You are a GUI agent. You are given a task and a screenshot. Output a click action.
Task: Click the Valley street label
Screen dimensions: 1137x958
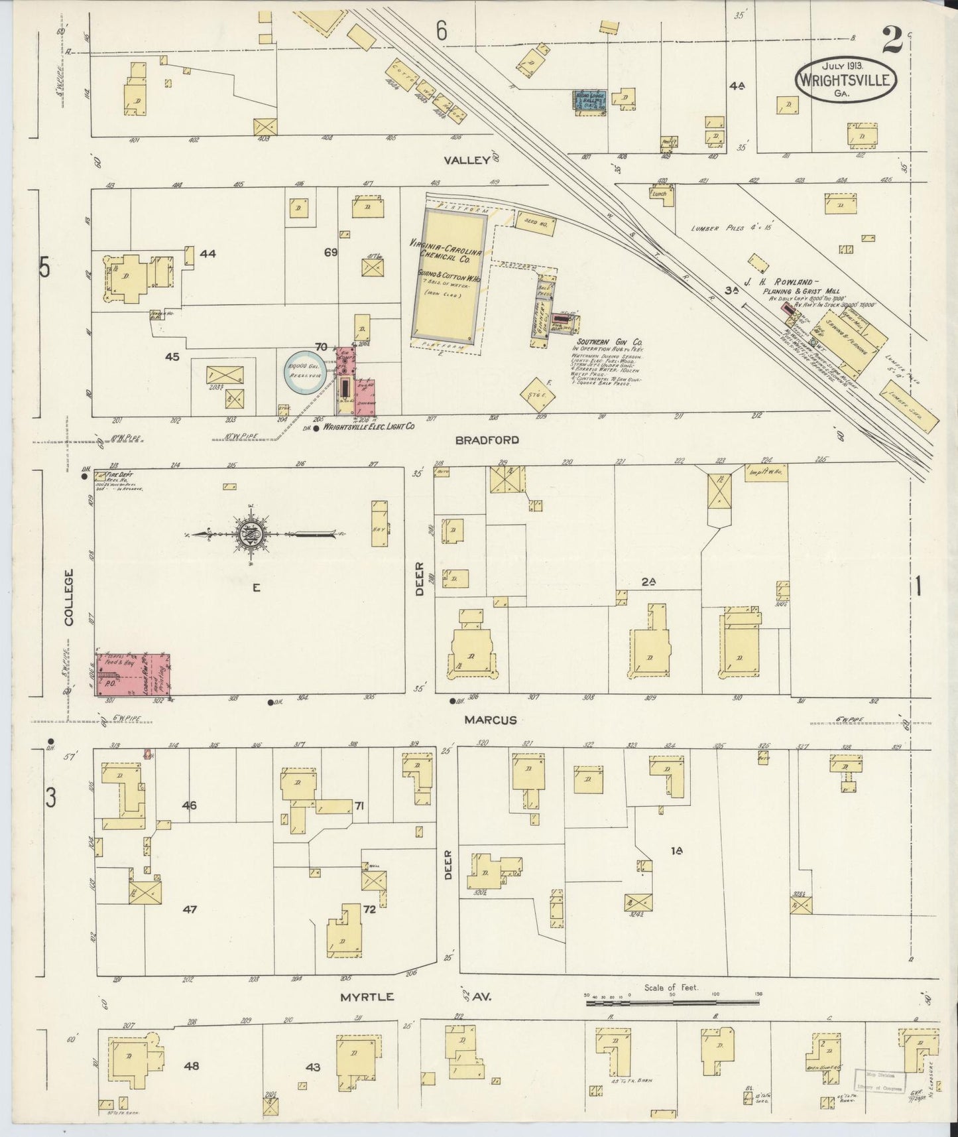click(467, 160)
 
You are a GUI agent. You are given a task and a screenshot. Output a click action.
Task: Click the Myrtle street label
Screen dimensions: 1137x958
click(367, 997)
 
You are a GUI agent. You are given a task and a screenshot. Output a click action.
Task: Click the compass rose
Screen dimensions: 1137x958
click(251, 534)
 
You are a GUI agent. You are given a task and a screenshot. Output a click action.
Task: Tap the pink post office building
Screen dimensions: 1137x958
click(133, 675)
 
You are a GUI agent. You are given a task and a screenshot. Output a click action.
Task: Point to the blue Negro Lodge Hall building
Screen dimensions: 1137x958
click(589, 101)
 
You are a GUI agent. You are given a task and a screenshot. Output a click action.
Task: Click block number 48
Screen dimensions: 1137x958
click(192, 1066)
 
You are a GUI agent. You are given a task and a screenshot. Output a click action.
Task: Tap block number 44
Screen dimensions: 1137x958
click(208, 253)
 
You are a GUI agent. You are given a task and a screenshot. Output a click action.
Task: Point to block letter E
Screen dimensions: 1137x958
click(255, 587)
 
